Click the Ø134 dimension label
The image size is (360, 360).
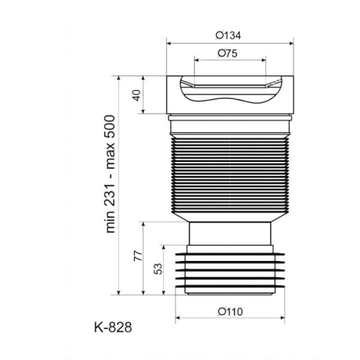tap(228, 35)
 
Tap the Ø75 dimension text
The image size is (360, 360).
tap(228, 53)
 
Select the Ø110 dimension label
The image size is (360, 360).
tap(231, 312)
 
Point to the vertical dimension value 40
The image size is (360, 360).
tap(136, 95)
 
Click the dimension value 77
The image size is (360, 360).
tap(138, 255)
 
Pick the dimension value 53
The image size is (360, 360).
tap(158, 269)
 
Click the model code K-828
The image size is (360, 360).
tap(113, 327)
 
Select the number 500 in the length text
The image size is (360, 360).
tap(109, 127)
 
